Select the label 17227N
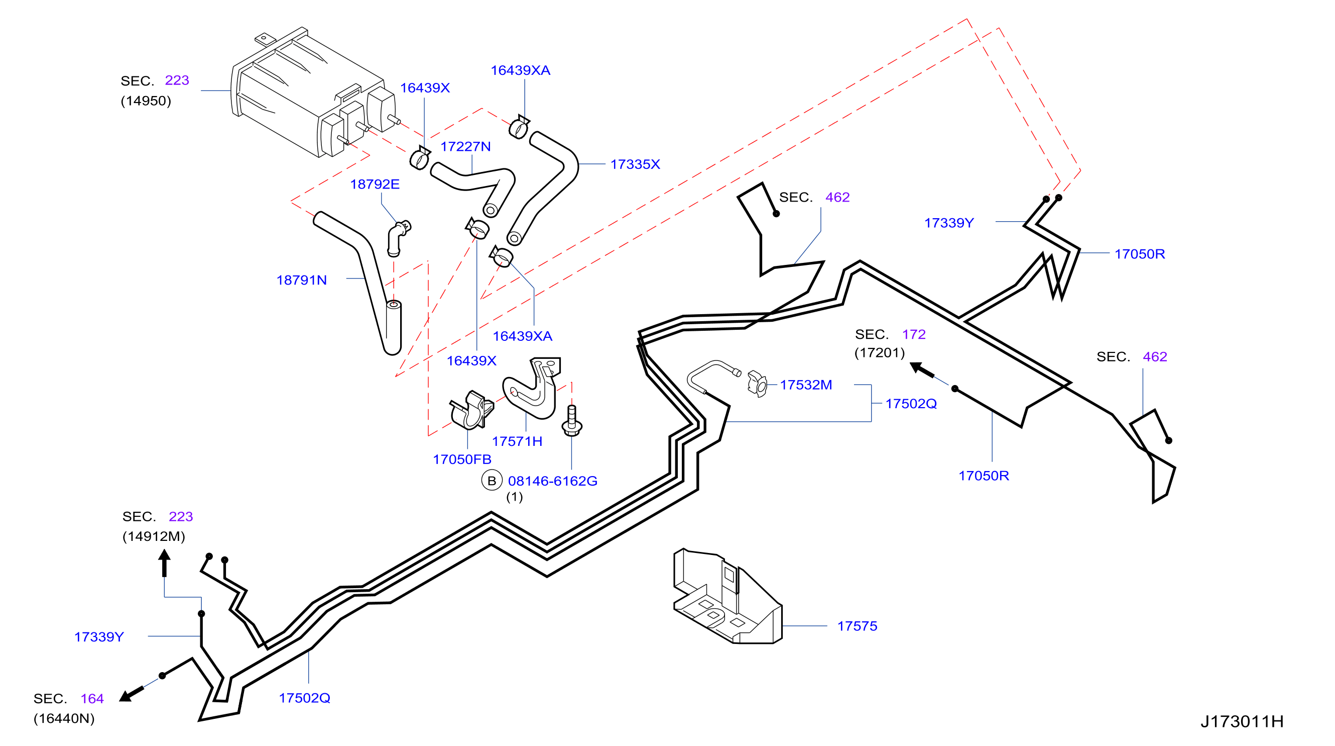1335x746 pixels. (x=465, y=147)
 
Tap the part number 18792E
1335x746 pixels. (x=375, y=184)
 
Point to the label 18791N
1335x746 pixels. (x=302, y=280)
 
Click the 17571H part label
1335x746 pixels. (x=517, y=441)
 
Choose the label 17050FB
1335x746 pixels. (x=462, y=459)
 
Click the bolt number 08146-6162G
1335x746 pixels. (x=552, y=482)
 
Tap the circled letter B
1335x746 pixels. (x=492, y=481)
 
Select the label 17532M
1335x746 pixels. (x=806, y=385)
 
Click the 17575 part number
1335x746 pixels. (x=857, y=626)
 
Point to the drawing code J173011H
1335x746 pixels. (x=1242, y=721)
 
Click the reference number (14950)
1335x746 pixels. (x=146, y=101)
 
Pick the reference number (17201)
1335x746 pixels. (x=880, y=353)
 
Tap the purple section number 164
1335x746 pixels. (x=92, y=699)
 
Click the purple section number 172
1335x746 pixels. (x=914, y=334)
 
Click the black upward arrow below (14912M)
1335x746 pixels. (x=164, y=564)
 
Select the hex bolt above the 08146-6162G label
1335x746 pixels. (x=572, y=421)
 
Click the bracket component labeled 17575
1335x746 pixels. (x=727, y=597)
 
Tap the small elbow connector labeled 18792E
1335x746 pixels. (x=398, y=238)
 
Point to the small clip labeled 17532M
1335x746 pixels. (x=757, y=385)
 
